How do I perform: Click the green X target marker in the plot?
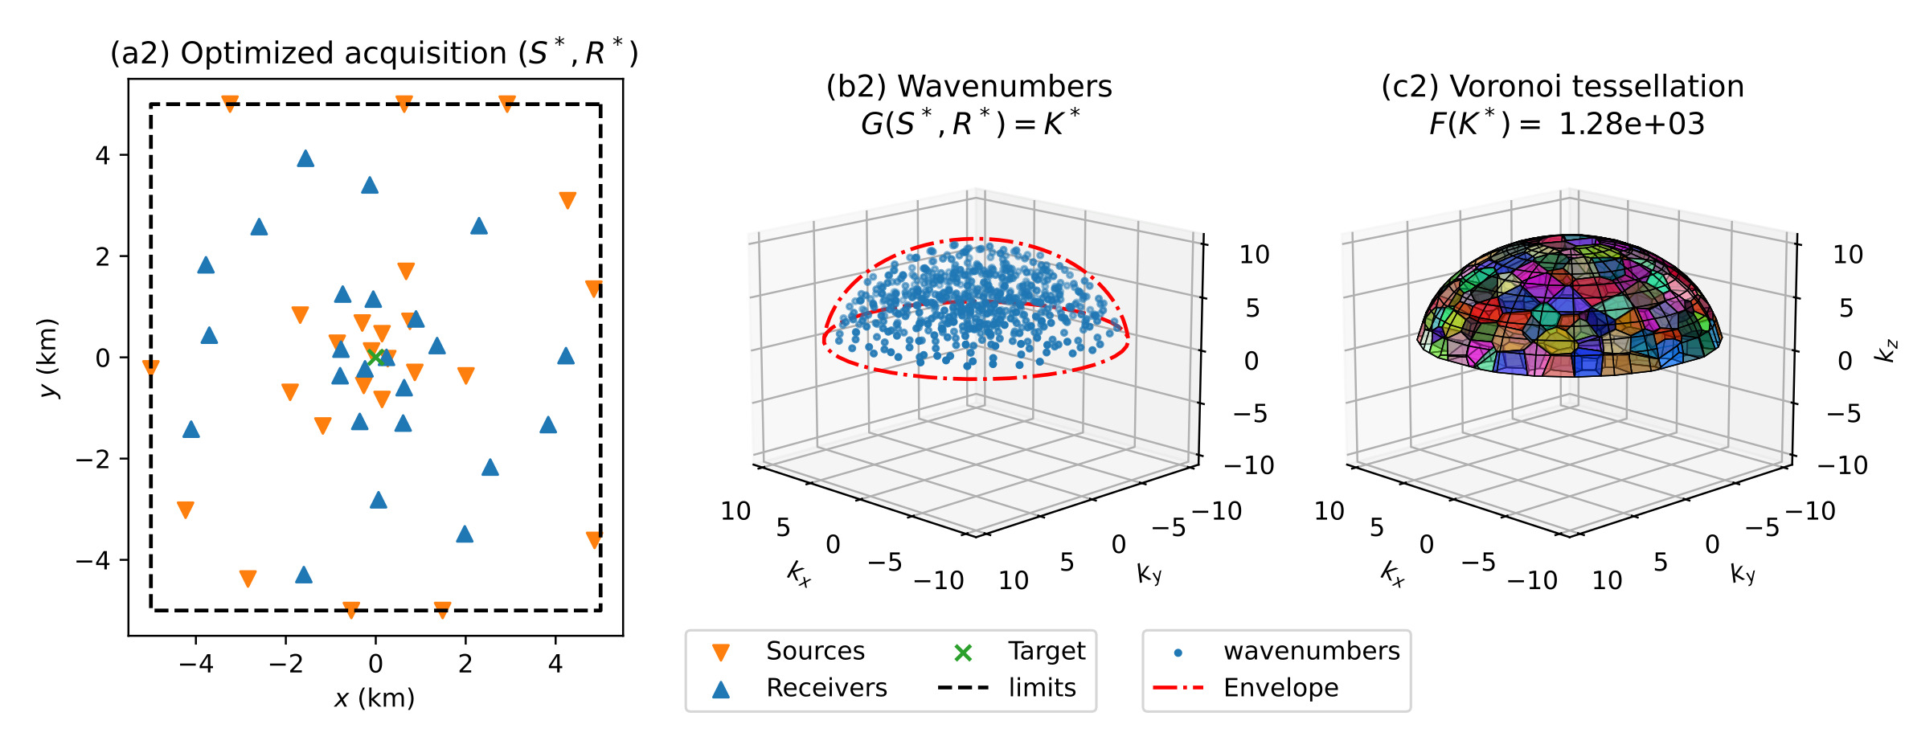tap(375, 357)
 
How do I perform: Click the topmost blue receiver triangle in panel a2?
tap(305, 158)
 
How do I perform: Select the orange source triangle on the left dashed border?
tap(150, 367)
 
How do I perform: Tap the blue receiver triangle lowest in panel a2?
tap(304, 575)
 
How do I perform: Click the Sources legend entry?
tap(815, 651)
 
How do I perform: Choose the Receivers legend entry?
tap(825, 688)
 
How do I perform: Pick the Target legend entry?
tap(1046, 651)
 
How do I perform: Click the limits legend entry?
tap(1042, 688)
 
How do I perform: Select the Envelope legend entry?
tap(1280, 688)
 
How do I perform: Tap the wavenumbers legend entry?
tap(1311, 651)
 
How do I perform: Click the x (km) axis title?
tap(375, 698)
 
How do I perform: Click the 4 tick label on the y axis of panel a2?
tap(103, 155)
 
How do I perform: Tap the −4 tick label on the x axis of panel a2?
tap(195, 664)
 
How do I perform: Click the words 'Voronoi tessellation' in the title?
tap(1596, 87)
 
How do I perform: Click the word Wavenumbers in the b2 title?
tap(1005, 87)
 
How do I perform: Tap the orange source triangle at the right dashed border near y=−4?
tap(594, 540)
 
